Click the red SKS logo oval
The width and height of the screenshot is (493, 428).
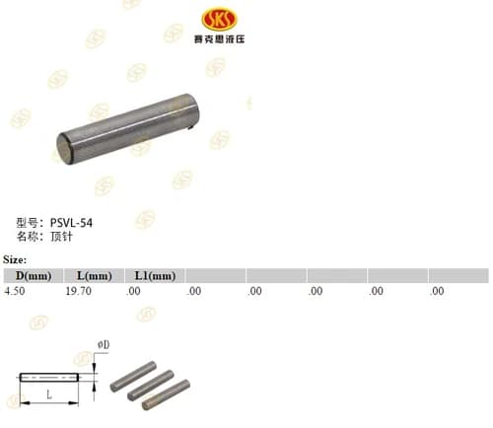tap(219, 19)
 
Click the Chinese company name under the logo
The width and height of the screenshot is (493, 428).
tap(219, 39)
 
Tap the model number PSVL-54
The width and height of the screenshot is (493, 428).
tap(71, 223)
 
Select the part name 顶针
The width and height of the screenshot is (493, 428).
tap(61, 237)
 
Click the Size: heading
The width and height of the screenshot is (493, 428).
tap(15, 259)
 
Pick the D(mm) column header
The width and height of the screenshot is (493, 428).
tap(34, 275)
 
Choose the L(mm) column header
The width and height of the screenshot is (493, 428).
tap(95, 275)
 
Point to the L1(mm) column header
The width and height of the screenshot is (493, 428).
tap(155, 275)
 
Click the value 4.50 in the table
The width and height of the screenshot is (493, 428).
tap(15, 291)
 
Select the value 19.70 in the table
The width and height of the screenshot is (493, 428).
tap(79, 291)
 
